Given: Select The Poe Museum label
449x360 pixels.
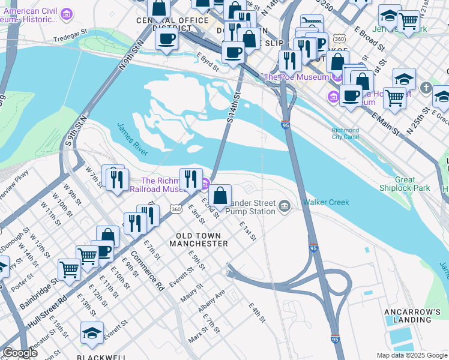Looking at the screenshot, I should [x=296, y=77].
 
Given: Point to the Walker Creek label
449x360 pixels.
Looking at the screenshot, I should [x=326, y=202].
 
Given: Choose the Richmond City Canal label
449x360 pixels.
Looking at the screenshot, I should [x=345, y=134].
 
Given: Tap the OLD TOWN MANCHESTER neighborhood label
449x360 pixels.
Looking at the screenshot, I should [x=199, y=239].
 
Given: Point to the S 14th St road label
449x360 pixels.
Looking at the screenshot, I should [x=234, y=107].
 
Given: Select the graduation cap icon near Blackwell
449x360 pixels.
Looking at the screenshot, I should [x=92, y=333].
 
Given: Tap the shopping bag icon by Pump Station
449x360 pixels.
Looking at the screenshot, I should [x=220, y=196].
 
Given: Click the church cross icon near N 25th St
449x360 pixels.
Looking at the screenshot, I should [x=426, y=88].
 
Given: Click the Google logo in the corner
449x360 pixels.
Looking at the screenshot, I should [x=20, y=353].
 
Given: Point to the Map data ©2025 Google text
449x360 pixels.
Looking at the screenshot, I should [x=411, y=355].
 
